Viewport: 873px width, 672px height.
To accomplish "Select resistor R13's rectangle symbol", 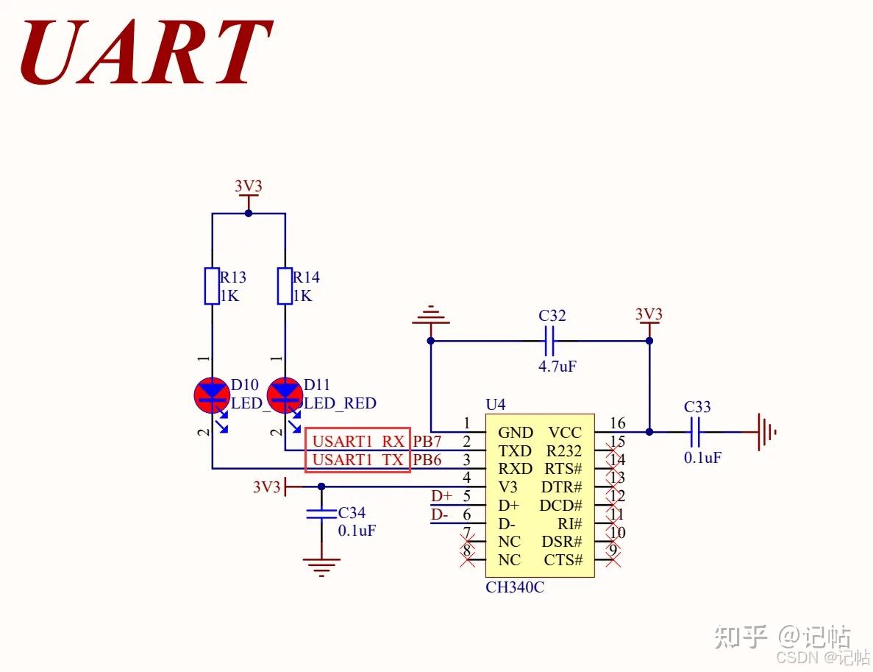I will tap(212, 286).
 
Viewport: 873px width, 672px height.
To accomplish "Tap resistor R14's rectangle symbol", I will tap(285, 286).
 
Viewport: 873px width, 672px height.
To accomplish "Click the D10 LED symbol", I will tap(212, 395).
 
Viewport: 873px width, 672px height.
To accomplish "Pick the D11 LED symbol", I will tap(285, 395).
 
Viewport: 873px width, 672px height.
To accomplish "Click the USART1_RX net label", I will tap(358, 442).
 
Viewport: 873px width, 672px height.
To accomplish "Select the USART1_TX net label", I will tap(358, 460).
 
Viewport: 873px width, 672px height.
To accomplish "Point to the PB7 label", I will tap(427, 442).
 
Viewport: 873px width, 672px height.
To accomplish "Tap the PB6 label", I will tap(427, 460).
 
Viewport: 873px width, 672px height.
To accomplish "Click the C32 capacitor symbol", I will tap(549, 341).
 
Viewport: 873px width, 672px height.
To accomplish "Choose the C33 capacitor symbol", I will tap(696, 432).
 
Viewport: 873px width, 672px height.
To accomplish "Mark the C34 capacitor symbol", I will tap(321, 513).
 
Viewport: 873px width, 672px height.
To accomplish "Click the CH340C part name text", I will tap(515, 587).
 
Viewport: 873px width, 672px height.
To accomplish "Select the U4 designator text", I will tap(496, 405).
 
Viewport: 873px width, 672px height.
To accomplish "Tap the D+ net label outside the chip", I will tap(441, 496).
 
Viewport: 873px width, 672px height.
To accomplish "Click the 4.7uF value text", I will tap(557, 366).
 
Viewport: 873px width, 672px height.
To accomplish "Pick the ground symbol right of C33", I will tap(766, 432).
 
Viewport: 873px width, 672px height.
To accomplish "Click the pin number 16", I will tap(617, 423).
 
